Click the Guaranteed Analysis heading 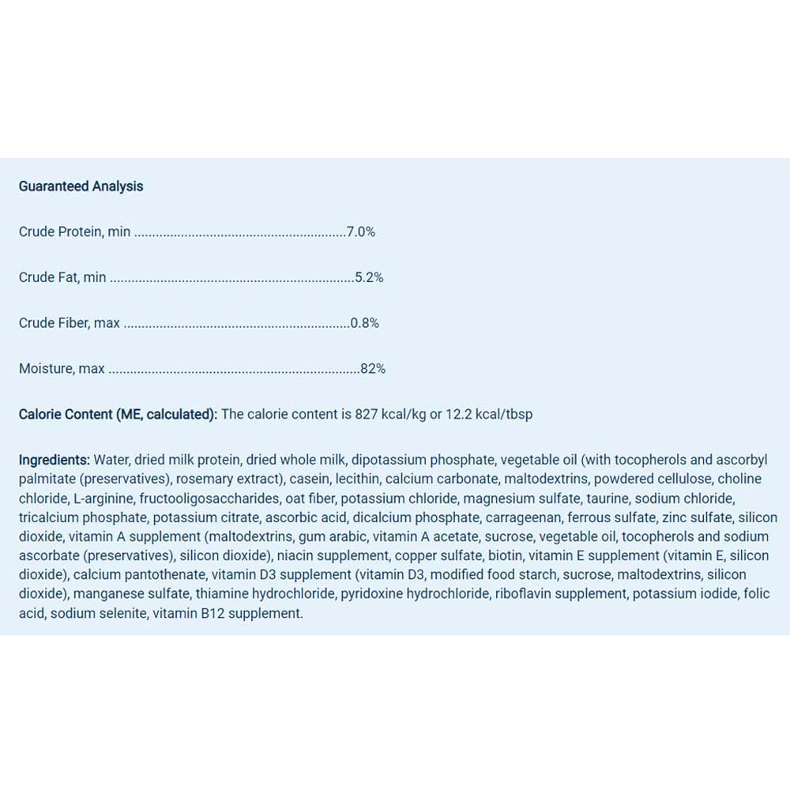click(81, 186)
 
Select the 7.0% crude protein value click(361, 232)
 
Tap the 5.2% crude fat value click(369, 277)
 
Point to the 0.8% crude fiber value click(365, 323)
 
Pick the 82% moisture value click(373, 368)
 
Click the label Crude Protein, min click(74, 232)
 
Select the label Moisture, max click(62, 368)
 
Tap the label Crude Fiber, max click(70, 323)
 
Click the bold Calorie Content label click(118, 414)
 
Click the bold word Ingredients click(54, 460)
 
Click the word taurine click(607, 498)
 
